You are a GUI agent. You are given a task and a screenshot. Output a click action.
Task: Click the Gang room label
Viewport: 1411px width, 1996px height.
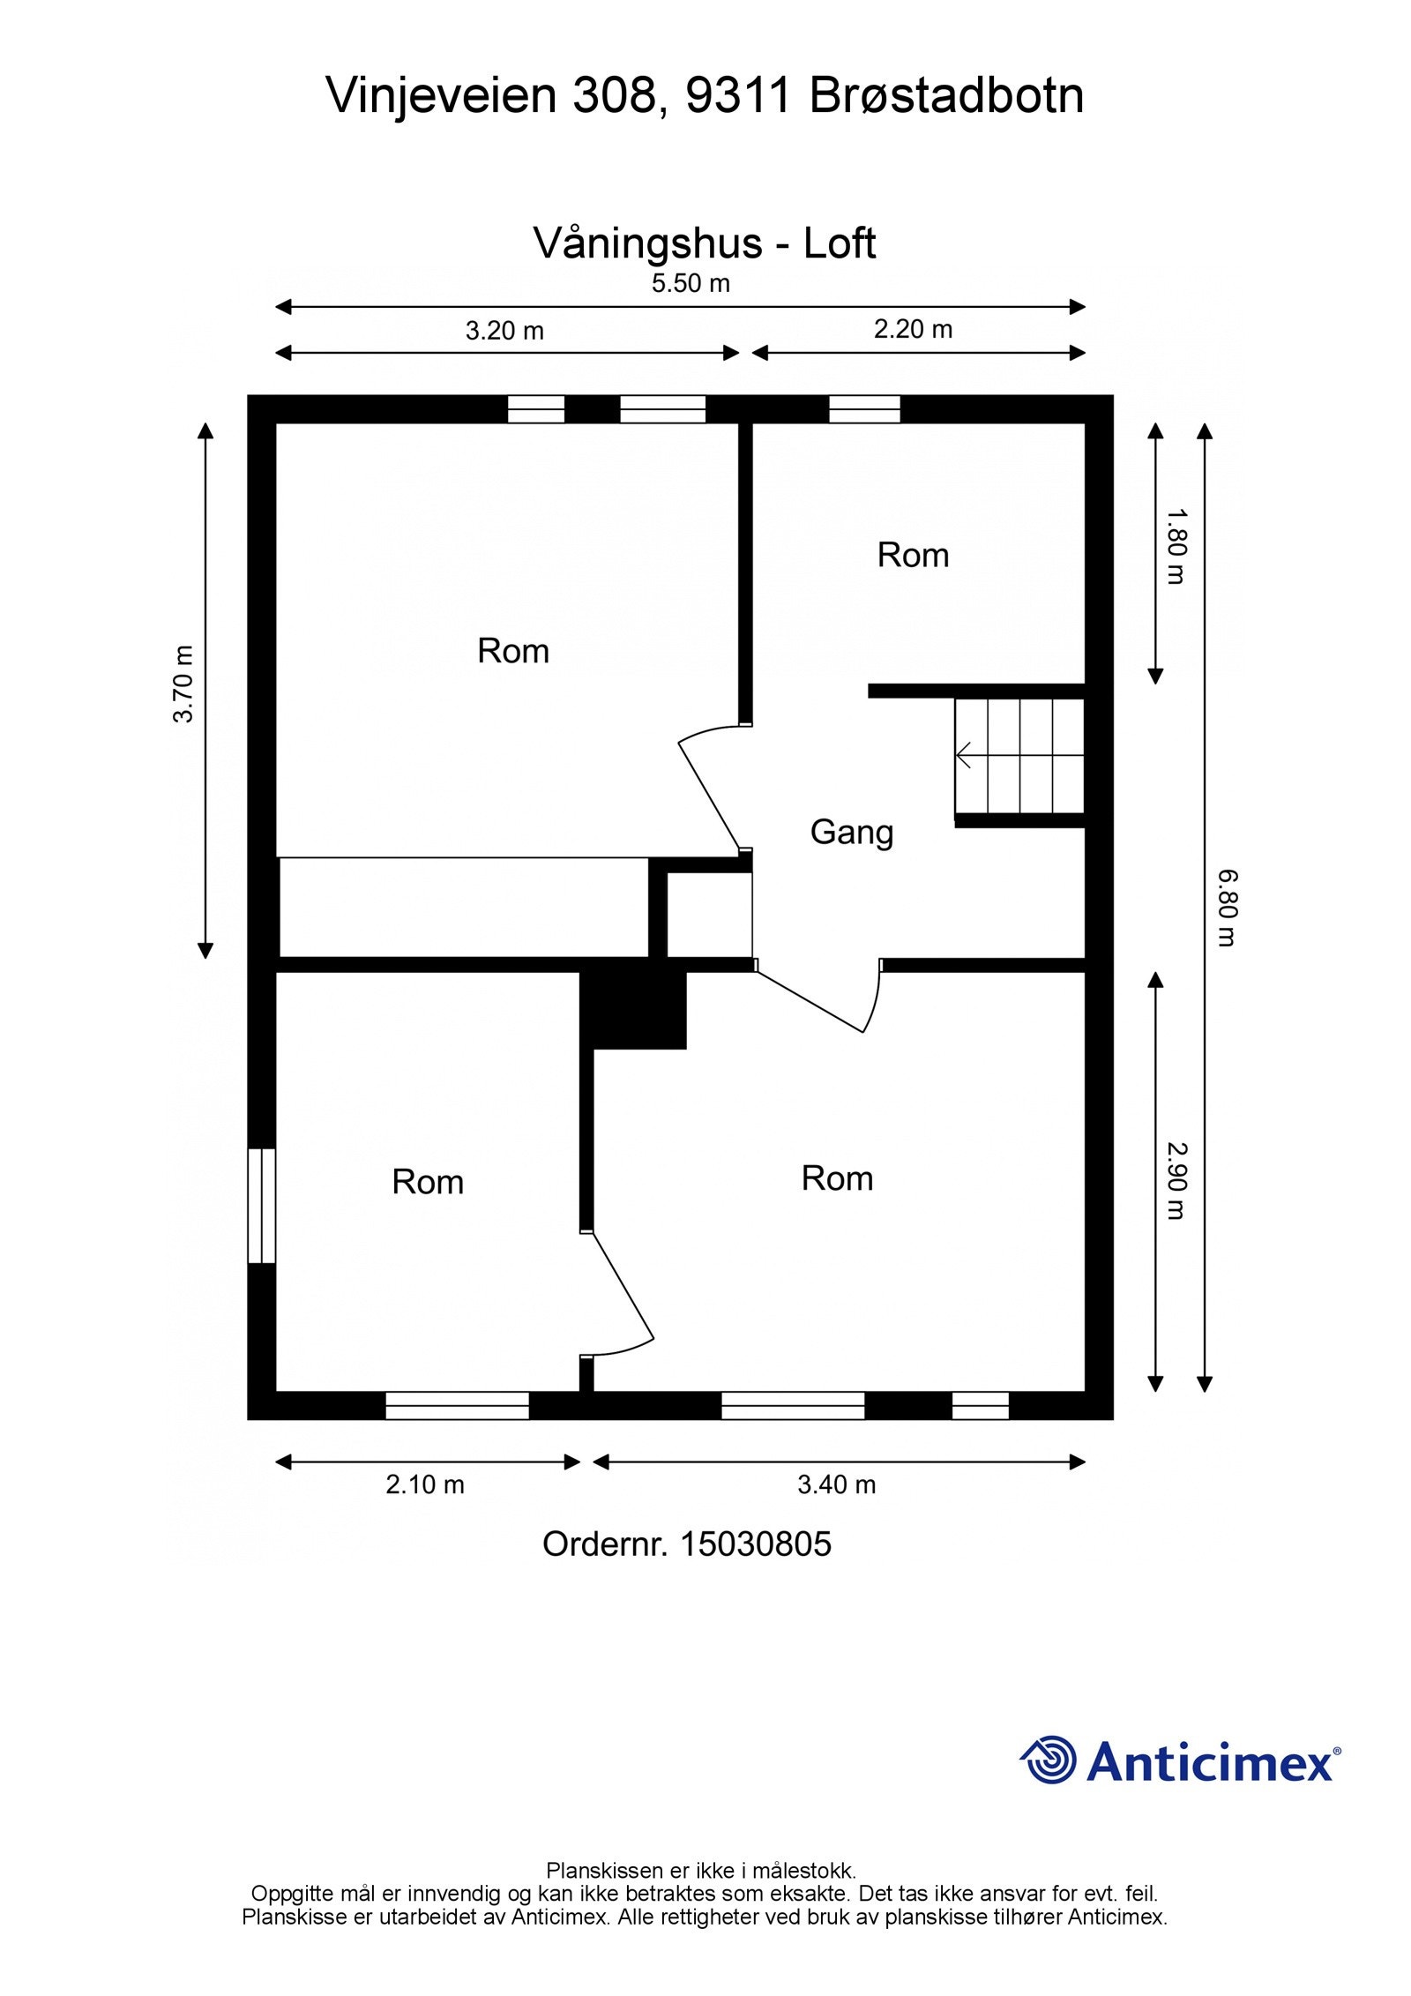click(851, 833)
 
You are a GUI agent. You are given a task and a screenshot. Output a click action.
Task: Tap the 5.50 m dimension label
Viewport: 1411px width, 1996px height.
click(691, 284)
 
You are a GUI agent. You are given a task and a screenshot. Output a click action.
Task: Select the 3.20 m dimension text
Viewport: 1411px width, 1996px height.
click(504, 331)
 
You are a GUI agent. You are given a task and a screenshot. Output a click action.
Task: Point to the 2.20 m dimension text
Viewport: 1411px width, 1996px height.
click(913, 329)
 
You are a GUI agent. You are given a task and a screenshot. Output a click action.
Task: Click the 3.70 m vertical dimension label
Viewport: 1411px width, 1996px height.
click(183, 684)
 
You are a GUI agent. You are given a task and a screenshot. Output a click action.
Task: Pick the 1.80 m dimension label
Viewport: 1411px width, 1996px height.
click(1176, 546)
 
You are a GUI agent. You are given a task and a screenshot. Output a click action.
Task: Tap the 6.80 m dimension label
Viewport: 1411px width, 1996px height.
click(1227, 908)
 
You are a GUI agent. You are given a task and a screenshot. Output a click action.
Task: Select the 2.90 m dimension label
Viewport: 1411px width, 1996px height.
click(1176, 1181)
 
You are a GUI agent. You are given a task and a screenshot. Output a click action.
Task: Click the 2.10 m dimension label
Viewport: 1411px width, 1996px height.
click(425, 1484)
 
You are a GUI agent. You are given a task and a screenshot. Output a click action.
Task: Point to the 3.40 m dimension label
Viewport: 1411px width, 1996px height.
click(836, 1484)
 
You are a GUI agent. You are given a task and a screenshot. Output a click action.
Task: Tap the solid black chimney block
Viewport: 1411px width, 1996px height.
click(633, 1009)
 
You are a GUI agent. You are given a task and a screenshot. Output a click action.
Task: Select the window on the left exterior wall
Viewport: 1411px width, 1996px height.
click(262, 1206)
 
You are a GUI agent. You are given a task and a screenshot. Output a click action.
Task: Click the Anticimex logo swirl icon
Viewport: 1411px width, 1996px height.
click(1048, 1759)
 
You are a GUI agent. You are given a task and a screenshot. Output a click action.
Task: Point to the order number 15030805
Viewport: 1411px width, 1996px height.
click(756, 1544)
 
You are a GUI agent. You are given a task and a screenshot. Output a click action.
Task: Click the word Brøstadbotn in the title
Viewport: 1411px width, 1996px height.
click(946, 95)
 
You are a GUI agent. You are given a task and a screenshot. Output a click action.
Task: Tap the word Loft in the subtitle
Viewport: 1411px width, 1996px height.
click(839, 243)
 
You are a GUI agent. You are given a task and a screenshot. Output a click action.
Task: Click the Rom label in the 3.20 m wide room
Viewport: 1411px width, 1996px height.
click(513, 651)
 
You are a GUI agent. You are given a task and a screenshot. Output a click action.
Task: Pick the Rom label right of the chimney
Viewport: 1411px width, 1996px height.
click(837, 1178)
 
